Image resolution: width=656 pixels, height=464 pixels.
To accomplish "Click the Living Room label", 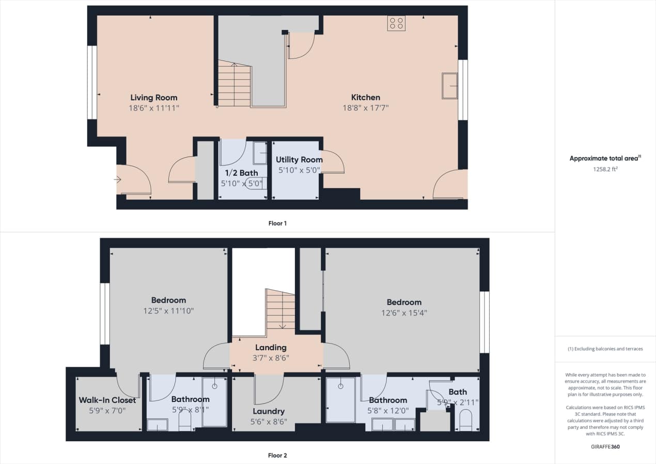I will tap(153, 97).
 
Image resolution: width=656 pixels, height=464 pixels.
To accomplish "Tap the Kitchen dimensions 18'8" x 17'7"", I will tap(366, 108).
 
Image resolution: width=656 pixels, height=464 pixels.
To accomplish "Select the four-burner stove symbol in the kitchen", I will tap(396, 23).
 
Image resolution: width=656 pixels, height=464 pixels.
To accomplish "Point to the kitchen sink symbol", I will tap(449, 86).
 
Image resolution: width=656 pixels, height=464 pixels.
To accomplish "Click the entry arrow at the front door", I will tap(117, 179).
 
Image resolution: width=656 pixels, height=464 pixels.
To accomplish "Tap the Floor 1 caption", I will tap(277, 223).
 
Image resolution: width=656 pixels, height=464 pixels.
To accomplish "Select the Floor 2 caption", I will tap(277, 456).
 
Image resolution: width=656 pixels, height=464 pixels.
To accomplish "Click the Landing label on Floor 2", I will tap(271, 348).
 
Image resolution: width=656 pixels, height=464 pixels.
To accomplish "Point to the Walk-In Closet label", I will tap(107, 400).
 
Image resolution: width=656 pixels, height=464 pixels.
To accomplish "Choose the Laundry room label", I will tap(269, 411).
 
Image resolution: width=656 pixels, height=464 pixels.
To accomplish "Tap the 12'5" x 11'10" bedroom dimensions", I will tap(168, 311).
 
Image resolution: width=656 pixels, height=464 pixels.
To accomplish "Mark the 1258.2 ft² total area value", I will tap(605, 169).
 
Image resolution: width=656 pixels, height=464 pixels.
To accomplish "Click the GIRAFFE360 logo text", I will tap(605, 446).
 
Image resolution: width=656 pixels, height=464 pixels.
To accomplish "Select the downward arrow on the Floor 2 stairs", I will tap(283, 326).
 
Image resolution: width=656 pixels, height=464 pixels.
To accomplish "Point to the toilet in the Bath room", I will tap(465, 421).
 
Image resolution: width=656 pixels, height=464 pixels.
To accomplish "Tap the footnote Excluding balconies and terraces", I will tap(605, 349).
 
